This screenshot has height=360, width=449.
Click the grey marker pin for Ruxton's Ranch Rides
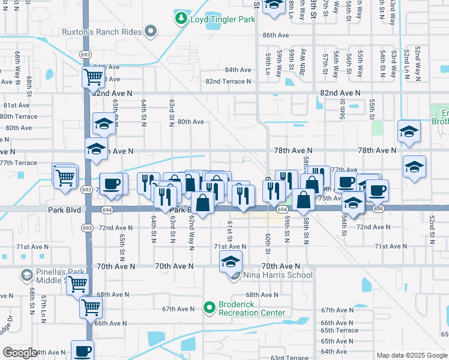[151, 31]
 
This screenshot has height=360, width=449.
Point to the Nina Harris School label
[278, 275]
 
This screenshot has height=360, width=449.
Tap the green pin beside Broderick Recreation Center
[209, 308]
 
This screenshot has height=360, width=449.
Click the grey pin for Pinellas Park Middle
[27, 275]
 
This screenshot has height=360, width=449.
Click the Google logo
[20, 353]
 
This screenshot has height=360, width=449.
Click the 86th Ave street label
[276, 35]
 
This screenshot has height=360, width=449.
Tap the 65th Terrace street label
[339, 331]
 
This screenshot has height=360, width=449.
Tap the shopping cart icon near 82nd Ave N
[93, 77]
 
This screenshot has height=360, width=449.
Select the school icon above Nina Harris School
[231, 262]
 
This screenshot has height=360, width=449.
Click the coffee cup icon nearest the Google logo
[82, 350]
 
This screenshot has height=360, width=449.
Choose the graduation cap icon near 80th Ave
[104, 124]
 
